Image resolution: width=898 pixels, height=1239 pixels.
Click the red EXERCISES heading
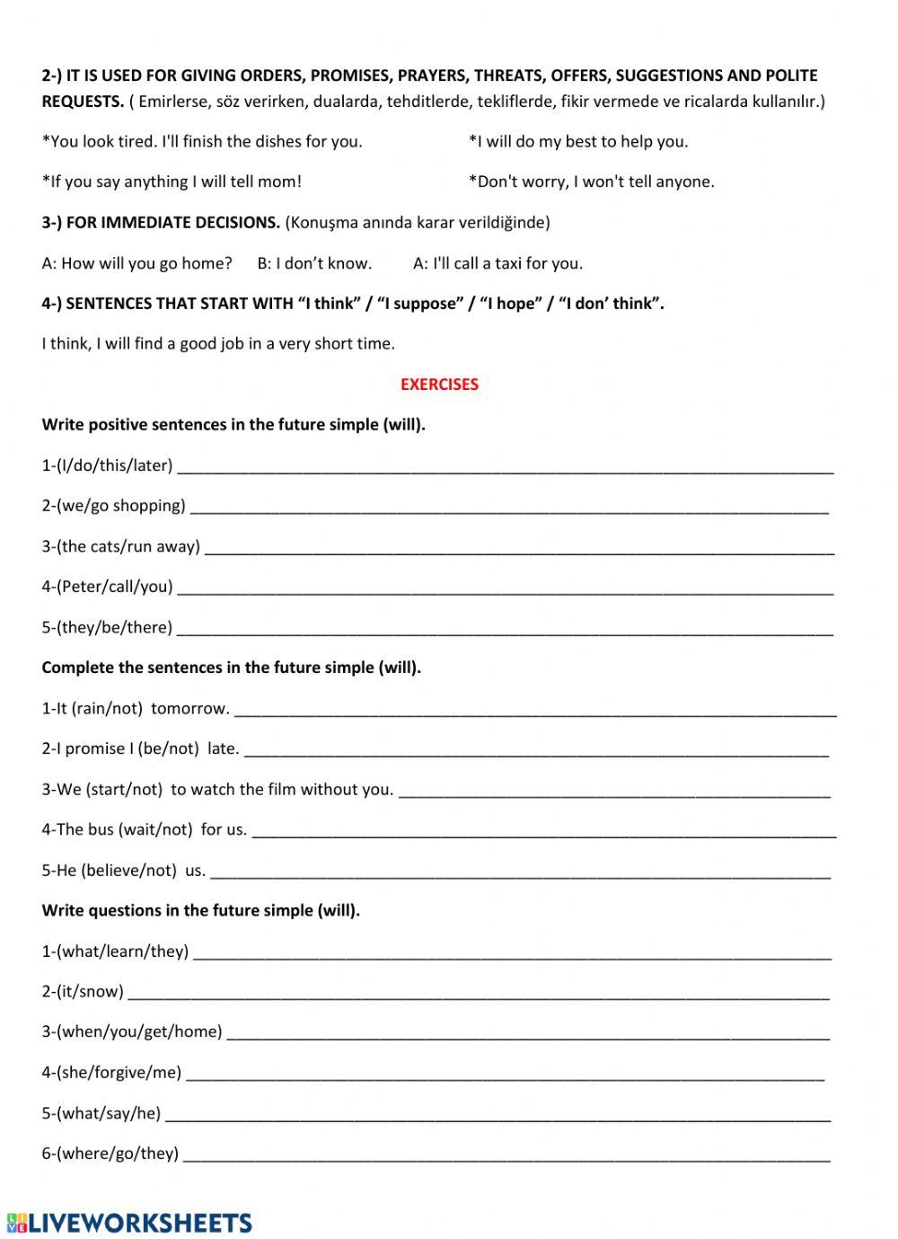(439, 385)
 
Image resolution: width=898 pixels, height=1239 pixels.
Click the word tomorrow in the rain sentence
(189, 708)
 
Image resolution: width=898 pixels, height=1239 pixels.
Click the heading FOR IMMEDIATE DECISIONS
(172, 223)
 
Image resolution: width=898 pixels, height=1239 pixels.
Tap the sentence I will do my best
(578, 141)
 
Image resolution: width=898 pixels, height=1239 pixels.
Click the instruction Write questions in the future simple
(200, 910)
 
